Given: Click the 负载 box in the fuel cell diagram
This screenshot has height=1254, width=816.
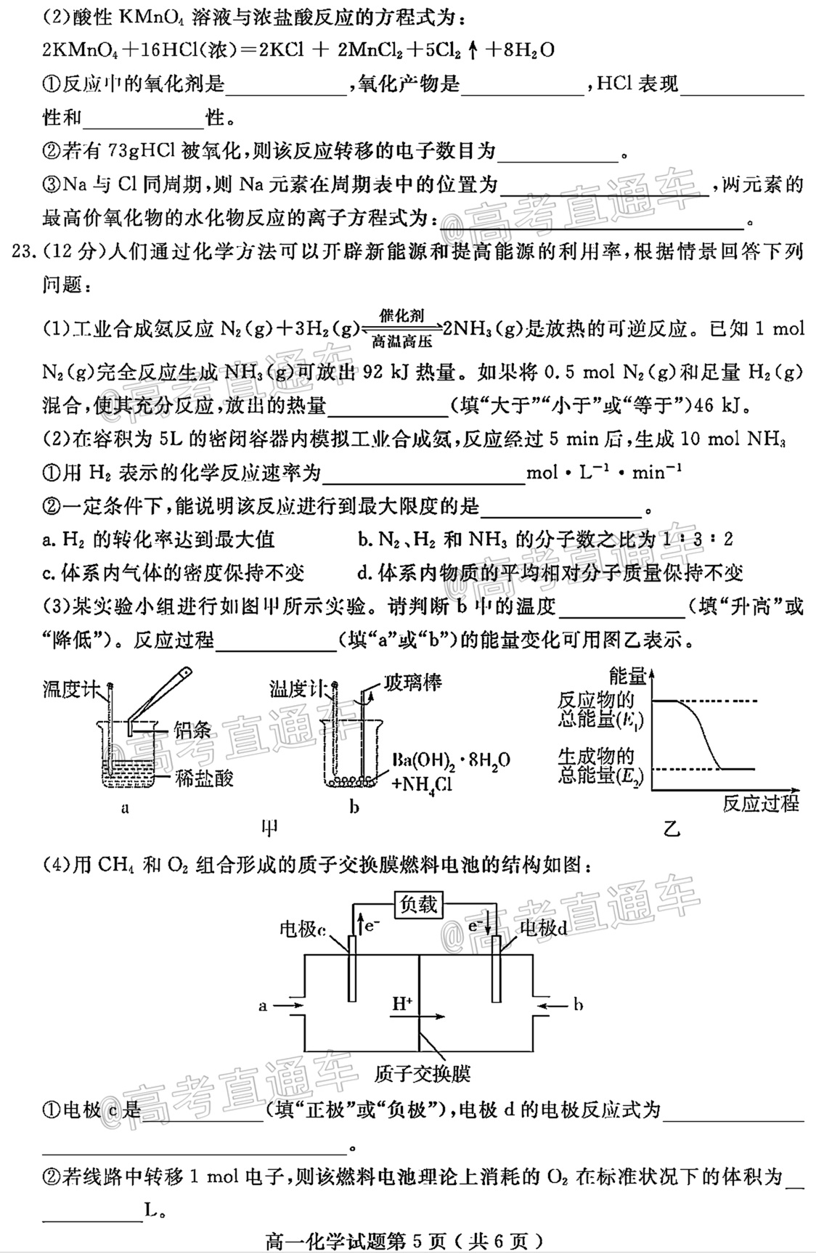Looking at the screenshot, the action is click(418, 904).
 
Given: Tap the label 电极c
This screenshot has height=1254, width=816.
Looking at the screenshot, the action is click(302, 929).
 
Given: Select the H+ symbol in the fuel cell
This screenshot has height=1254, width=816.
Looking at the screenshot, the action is click(402, 1003).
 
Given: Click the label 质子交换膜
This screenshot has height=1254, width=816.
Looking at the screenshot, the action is click(423, 1073).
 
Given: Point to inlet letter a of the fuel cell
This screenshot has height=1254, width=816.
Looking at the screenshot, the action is click(263, 1006).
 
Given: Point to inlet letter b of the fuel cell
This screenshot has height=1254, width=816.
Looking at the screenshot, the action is click(578, 1005).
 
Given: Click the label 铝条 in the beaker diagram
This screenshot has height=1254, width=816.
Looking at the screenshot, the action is click(192, 730).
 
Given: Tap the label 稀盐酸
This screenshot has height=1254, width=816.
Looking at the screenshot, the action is click(204, 778).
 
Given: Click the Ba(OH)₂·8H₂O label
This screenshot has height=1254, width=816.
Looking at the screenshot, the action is click(451, 760).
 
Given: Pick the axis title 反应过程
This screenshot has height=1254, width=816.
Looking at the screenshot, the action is click(760, 803).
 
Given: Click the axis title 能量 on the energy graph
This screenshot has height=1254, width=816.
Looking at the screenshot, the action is click(627, 676).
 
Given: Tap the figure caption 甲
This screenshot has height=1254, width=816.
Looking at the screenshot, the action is click(269, 827).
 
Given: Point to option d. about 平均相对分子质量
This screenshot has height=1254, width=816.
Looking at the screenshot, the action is click(550, 573).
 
